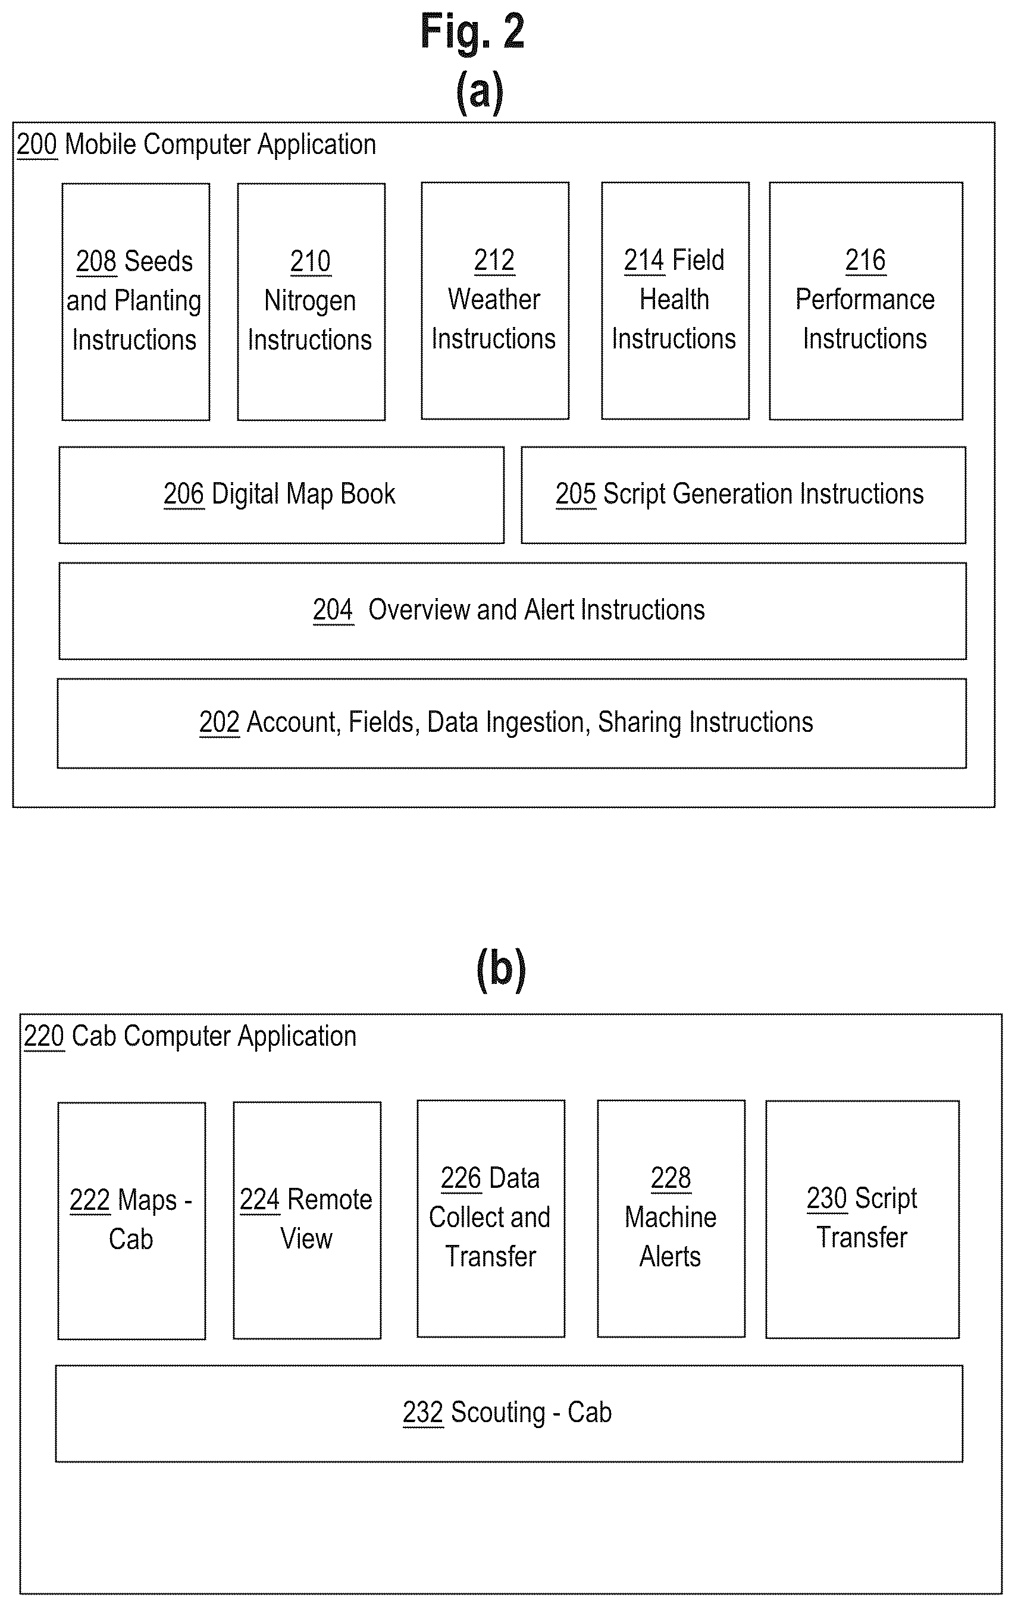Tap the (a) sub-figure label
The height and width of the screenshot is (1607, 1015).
pos(480,92)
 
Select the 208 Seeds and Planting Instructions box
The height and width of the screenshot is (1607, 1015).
pos(136,301)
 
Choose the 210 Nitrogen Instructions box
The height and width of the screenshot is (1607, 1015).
pos(311,301)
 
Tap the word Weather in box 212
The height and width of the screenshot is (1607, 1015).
pos(494,299)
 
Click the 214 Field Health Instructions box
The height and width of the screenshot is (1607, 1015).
pos(675,300)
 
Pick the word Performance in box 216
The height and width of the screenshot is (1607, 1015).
pos(864,300)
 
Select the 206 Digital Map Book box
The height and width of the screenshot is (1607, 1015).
pos(281,495)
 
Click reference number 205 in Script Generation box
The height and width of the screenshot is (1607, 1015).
pos(575,494)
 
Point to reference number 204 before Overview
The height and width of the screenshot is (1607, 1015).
pos(333,609)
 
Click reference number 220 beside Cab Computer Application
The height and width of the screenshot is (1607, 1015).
pos(44,1036)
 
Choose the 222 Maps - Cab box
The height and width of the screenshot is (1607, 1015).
pos(131,1221)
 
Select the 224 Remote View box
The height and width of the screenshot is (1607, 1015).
pos(307,1220)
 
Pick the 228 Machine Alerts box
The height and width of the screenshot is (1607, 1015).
pos(671,1219)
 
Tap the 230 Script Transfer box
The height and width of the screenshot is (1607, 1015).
pos(862,1219)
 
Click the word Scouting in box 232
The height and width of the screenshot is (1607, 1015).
pos(497,1413)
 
